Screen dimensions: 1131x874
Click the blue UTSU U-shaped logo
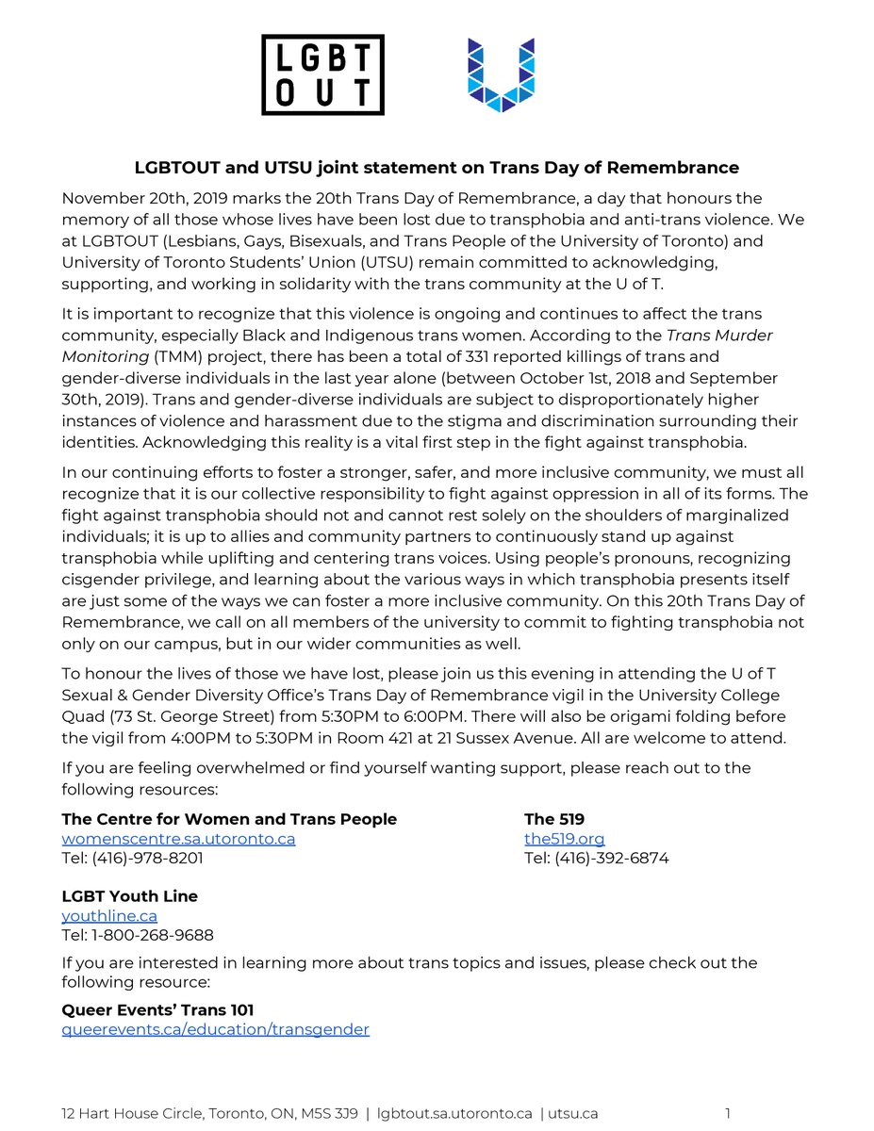pos(502,74)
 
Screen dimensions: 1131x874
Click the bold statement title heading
pos(437,168)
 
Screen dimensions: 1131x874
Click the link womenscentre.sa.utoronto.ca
pos(178,839)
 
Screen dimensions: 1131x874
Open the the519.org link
pos(564,839)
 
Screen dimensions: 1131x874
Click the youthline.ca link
pos(109,915)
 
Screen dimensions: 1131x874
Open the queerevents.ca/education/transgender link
pos(215,1029)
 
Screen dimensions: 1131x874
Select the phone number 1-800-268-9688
pos(152,935)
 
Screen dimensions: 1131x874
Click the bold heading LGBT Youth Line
pos(129,895)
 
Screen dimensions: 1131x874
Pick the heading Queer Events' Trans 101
pos(157,1009)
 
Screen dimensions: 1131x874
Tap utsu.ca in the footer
pos(575,1113)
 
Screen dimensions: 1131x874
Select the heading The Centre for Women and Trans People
pos(229,819)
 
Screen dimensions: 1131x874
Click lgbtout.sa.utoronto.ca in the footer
pos(454,1113)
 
